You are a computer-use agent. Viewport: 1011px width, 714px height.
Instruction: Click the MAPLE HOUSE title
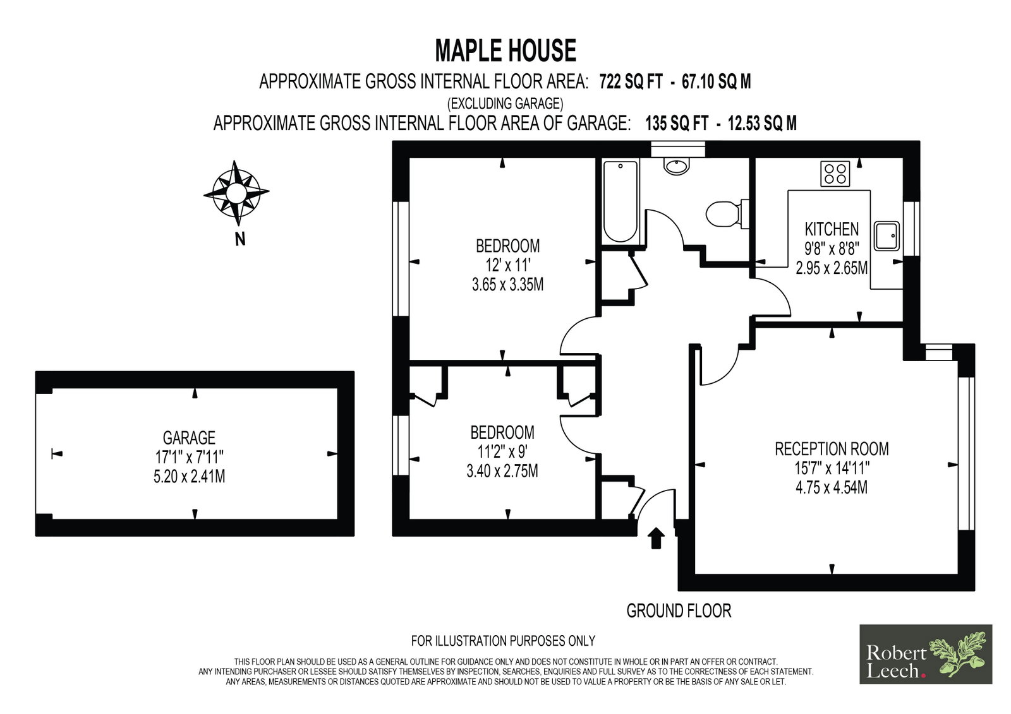[505, 51]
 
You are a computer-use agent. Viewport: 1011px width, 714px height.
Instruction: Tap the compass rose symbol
[236, 193]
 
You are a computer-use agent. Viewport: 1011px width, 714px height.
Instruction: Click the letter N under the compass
[240, 239]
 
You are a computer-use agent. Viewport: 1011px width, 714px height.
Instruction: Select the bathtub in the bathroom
[621, 201]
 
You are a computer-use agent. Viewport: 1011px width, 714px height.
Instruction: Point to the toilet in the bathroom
[727, 214]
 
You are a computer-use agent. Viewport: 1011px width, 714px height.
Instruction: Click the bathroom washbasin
[677, 165]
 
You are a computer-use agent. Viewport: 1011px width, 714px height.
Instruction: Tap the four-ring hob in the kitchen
[835, 174]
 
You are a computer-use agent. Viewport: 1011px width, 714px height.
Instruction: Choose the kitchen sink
[887, 236]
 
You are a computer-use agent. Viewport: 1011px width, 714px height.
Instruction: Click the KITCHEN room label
[832, 230]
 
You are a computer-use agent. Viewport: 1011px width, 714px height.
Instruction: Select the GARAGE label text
[189, 438]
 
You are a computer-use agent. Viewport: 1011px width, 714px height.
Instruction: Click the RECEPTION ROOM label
[832, 449]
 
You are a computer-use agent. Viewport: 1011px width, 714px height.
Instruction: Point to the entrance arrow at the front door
[656, 538]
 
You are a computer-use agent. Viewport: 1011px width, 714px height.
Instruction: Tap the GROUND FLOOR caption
[679, 610]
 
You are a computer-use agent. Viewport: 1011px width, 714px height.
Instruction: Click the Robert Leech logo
[926, 654]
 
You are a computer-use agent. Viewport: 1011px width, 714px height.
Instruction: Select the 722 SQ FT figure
[631, 81]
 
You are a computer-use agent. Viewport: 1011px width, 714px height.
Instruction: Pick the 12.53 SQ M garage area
[762, 123]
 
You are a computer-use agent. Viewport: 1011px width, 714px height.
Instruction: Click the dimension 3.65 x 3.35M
[508, 285]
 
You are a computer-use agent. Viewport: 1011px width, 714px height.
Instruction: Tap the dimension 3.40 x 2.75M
[502, 472]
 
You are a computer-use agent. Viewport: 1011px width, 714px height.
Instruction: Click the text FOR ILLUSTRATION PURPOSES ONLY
[503, 641]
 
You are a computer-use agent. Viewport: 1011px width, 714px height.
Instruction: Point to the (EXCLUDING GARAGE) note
[505, 104]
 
